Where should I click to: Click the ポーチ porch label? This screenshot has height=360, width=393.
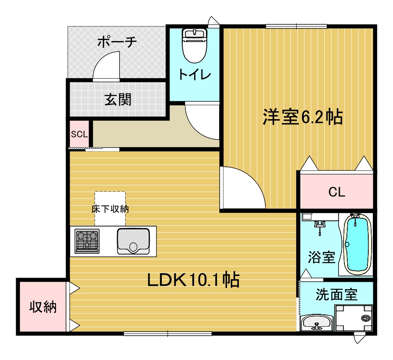pos(117,42)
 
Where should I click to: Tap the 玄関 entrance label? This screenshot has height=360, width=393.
pos(118,99)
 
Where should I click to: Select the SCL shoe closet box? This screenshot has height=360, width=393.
pos(79,134)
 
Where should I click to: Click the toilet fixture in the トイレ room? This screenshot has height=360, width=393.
pos(194,45)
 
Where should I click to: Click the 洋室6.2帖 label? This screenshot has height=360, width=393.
pos(303,118)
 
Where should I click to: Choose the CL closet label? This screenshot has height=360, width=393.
pos(337,192)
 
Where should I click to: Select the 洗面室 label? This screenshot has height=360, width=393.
pos(337,294)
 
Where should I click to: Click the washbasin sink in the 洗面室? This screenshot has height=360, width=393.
pos(316,323)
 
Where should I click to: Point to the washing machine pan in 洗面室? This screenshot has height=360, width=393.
pos(354,318)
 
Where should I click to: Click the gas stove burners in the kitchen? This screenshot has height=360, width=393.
pos(87,241)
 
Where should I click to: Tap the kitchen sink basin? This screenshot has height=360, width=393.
pos(133,241)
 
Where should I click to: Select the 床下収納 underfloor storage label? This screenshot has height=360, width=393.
pos(110,209)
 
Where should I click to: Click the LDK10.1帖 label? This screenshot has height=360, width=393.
pos(194,281)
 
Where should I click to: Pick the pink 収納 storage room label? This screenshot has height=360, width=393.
pos(42,307)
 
